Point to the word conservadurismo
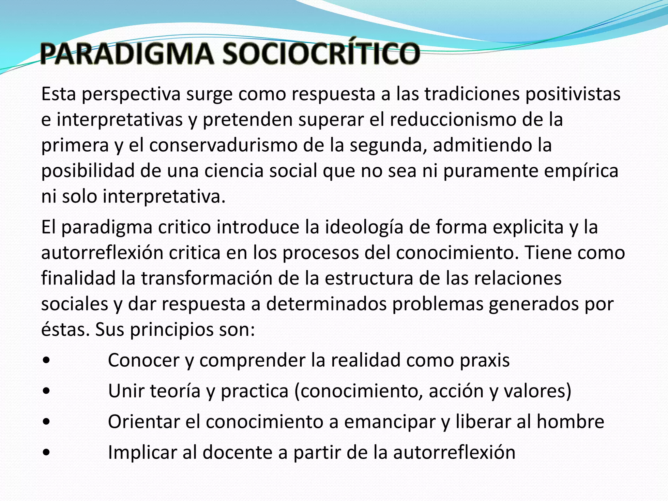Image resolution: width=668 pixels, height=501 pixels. pos(223,145)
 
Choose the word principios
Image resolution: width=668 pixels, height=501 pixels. pos(172,330)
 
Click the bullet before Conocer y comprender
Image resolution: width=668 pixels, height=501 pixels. pos(46,361)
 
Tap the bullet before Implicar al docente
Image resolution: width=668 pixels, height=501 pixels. pos(46,453)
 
